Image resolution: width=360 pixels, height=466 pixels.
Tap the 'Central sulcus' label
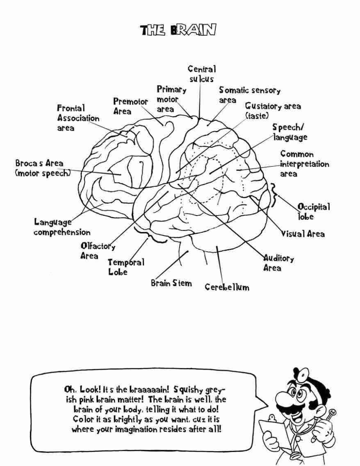click(202, 74)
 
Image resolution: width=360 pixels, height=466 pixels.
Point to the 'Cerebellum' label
click(227, 287)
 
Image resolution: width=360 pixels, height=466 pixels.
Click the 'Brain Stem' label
click(171, 283)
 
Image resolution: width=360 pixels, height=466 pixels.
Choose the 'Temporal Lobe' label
click(126, 267)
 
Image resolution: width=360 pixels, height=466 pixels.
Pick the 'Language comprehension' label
click(62, 227)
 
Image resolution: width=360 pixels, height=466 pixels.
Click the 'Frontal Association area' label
click(78, 118)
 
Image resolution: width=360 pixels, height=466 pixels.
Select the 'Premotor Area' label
click(131, 106)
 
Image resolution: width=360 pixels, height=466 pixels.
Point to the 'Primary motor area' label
click(171, 99)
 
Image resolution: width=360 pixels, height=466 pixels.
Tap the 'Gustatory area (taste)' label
click(273, 111)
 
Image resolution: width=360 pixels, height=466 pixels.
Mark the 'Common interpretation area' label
click(304, 164)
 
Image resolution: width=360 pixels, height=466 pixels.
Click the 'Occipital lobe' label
click(313, 211)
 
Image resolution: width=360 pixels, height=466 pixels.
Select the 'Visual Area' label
click(303, 234)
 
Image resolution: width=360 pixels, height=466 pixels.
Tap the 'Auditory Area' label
click(278, 263)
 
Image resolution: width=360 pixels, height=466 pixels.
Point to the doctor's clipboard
click(273, 430)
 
